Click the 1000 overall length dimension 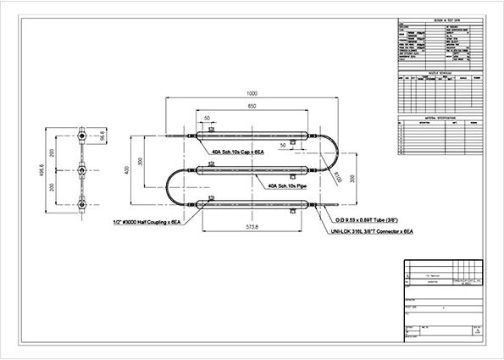coord(252,94)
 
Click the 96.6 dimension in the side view coord(101,135)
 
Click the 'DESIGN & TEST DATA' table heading coord(435,18)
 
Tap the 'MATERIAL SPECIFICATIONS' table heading coord(435,119)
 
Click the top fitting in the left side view coord(81,135)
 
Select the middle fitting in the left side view coord(81,170)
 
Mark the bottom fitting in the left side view coord(81,204)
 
